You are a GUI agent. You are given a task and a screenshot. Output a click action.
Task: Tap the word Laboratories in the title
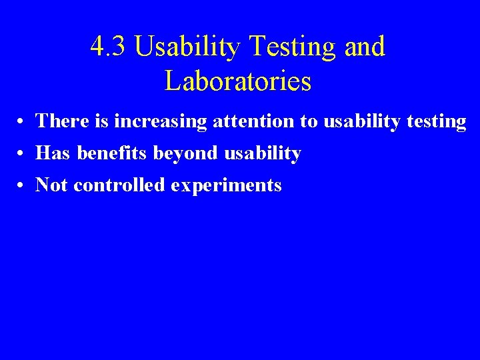tap(238, 81)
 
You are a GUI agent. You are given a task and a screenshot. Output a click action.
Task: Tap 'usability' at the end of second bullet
tap(263, 153)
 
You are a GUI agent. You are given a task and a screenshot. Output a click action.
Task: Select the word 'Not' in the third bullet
tap(52, 185)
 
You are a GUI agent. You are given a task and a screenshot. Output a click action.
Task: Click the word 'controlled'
tap(119, 185)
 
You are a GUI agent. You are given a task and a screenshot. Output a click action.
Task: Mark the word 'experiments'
tap(226, 186)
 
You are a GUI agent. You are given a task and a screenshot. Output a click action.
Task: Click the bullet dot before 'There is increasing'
tap(22, 122)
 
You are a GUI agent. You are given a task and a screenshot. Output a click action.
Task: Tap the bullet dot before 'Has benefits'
tap(22, 154)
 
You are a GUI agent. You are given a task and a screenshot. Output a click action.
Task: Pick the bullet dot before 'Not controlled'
tap(22, 186)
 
